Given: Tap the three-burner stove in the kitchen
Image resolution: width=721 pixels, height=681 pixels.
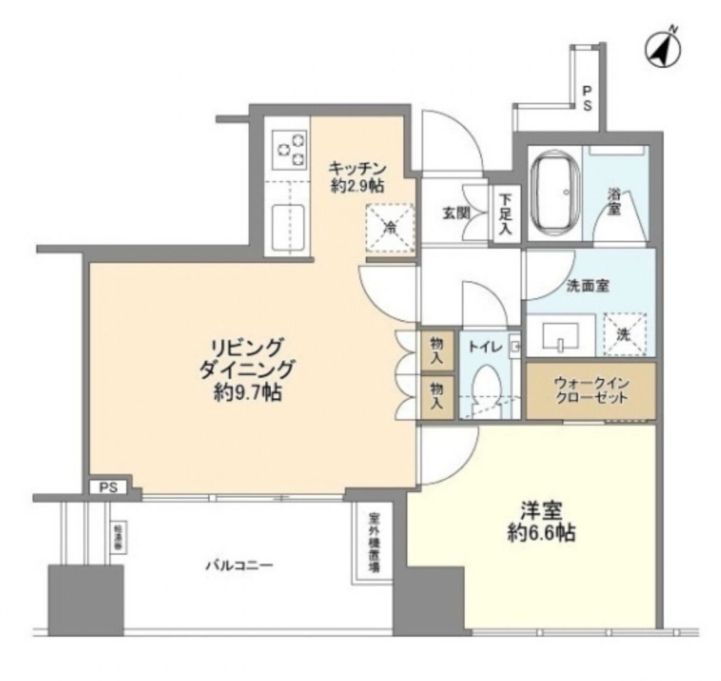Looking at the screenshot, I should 290,149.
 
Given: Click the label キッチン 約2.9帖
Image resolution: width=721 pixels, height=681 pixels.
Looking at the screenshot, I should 355,176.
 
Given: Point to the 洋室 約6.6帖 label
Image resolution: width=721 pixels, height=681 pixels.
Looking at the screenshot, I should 541,521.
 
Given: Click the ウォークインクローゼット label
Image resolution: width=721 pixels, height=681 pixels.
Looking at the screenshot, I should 591,391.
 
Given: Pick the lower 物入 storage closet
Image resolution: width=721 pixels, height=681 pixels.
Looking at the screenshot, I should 437,394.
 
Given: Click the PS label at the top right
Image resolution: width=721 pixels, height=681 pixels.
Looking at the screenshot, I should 586,98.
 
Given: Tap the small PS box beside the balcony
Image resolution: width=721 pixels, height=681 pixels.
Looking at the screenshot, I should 108,487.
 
